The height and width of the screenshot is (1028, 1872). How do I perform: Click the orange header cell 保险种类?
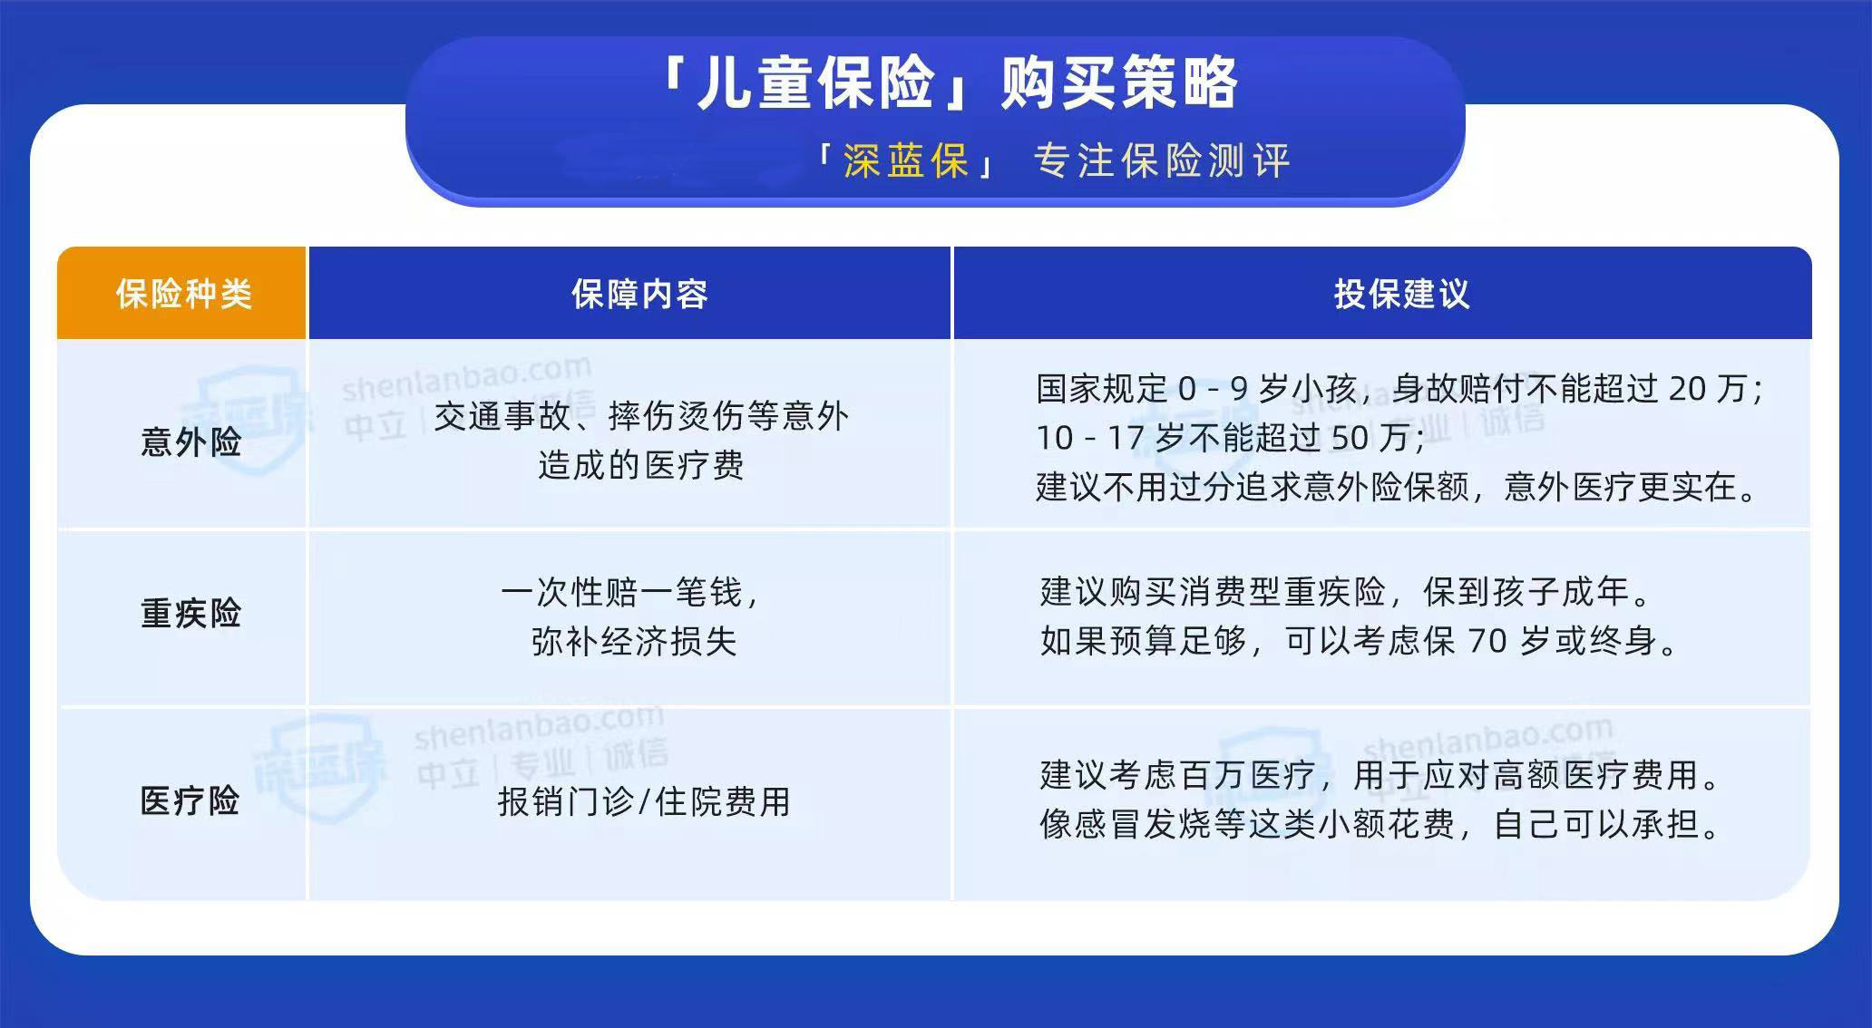(x=182, y=294)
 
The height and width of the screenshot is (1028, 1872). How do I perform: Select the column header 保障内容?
(x=639, y=294)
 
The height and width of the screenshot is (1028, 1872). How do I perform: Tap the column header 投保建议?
(x=1401, y=294)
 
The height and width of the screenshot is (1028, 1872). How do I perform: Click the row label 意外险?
(x=190, y=442)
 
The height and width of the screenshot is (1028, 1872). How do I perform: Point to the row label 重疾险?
(x=190, y=614)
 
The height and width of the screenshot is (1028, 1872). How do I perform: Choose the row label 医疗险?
(x=190, y=801)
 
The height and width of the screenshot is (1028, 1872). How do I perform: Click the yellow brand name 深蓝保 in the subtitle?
(x=906, y=161)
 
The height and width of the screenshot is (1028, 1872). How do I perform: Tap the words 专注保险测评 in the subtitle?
(x=1162, y=161)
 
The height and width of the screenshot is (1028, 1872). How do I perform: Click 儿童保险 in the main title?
(x=816, y=83)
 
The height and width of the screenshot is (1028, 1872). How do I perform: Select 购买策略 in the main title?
(x=1120, y=83)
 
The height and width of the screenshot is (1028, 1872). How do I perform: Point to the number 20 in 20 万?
(x=1688, y=389)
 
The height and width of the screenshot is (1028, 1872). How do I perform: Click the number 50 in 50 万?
(x=1350, y=438)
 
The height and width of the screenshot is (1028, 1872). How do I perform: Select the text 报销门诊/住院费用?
(x=644, y=801)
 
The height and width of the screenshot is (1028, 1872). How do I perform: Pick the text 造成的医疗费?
(x=640, y=465)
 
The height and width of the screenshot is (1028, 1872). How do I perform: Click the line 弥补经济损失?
(x=634, y=641)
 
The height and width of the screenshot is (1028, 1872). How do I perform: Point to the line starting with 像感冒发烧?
(x=1380, y=824)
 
